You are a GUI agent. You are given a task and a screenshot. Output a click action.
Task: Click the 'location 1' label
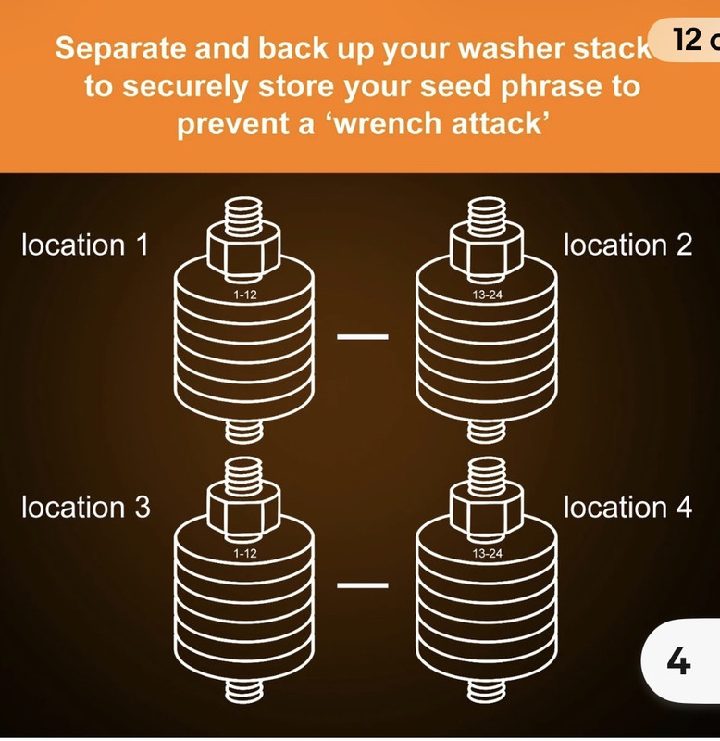click(85, 245)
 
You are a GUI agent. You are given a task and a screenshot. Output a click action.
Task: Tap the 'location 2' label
click(628, 245)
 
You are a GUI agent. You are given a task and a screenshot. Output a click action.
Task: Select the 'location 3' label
click(86, 507)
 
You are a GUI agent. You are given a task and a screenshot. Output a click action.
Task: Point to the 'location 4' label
click(628, 507)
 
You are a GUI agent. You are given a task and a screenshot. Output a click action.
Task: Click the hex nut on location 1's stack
click(243, 252)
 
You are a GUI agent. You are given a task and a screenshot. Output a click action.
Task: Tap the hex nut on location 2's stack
click(487, 252)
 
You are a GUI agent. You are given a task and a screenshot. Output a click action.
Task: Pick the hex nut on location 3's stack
click(243, 512)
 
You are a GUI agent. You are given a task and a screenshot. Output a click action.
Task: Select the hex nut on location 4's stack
click(487, 512)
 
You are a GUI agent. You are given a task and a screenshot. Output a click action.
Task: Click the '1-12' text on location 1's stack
click(245, 295)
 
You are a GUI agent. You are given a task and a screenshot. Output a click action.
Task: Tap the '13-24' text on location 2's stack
click(487, 295)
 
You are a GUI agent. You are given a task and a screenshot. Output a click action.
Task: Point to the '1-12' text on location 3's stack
click(245, 553)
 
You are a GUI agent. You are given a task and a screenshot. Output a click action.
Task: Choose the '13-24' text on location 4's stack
click(487, 553)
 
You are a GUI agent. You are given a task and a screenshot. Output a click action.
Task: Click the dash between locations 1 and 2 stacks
click(363, 337)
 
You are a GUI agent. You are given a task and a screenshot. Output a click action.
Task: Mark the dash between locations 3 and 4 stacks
click(363, 585)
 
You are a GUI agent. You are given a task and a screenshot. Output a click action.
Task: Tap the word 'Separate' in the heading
click(120, 49)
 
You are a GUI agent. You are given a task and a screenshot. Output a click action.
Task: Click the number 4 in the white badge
click(679, 661)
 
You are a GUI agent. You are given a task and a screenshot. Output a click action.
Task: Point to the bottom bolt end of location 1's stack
click(243, 431)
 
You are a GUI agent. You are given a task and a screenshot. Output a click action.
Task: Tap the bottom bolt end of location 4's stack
click(487, 690)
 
